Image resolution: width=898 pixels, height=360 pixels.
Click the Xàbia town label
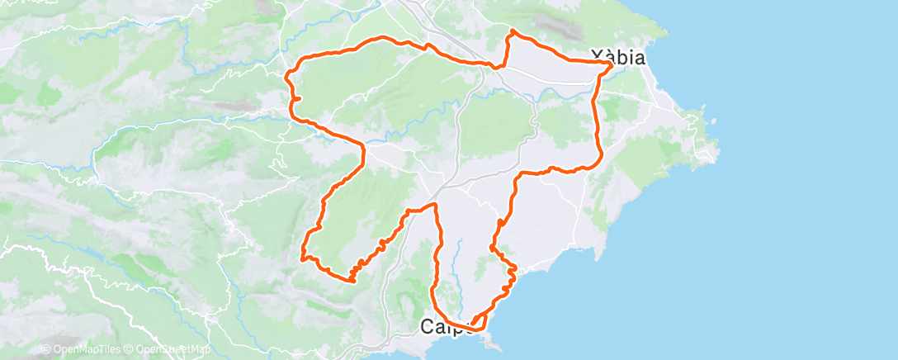(617, 57)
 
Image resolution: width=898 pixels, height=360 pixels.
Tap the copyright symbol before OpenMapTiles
(45, 350)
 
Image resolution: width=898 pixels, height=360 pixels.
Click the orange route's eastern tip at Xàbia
(612, 64)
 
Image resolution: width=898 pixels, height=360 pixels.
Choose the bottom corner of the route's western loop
(352, 280)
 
